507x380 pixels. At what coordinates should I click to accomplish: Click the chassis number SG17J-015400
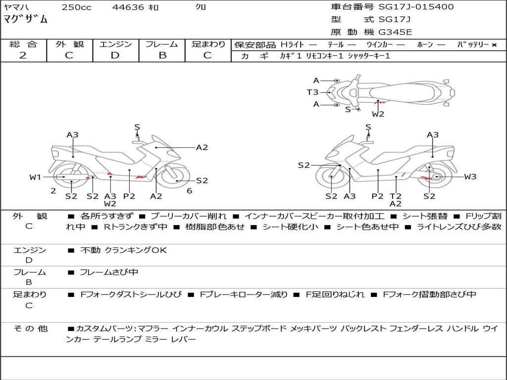click(416, 7)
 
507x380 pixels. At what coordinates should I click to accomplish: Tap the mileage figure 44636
click(128, 7)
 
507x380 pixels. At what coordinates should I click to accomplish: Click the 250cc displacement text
click(77, 7)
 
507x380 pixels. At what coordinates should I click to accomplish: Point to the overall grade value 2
click(23, 55)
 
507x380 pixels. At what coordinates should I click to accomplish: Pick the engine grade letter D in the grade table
click(115, 55)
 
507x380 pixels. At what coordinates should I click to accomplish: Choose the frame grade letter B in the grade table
click(162, 55)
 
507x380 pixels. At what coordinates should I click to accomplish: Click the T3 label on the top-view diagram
click(313, 93)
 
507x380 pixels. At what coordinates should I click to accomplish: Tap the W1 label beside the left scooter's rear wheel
click(35, 177)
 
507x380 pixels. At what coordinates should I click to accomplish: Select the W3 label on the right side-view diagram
click(470, 177)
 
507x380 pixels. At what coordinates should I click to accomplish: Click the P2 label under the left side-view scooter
click(129, 196)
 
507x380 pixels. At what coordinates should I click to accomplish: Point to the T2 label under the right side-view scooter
click(396, 196)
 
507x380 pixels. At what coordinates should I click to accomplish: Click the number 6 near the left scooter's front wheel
click(189, 191)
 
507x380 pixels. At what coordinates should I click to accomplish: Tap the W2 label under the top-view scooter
click(378, 114)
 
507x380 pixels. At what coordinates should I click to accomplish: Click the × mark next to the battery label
click(494, 45)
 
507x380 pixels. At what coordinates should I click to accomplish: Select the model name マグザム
click(26, 19)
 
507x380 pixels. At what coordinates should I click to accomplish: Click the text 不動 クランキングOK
click(123, 250)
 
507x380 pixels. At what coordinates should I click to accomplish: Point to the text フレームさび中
click(109, 273)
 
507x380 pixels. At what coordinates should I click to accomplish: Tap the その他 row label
click(30, 329)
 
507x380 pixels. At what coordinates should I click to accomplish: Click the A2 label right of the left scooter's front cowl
click(202, 147)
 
